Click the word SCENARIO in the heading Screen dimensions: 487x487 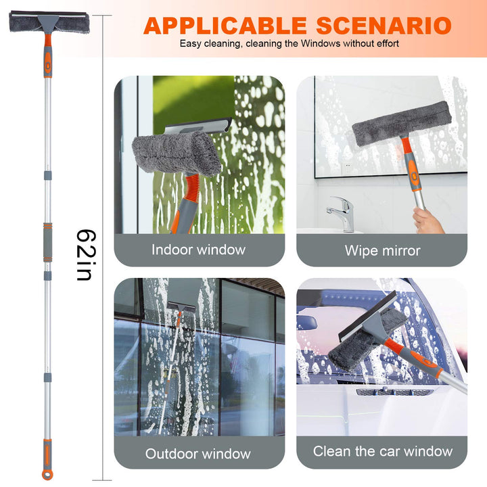[384, 26]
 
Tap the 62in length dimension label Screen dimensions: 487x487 [87, 255]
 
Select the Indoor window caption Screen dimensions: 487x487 [198, 250]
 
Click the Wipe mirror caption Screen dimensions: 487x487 [382, 250]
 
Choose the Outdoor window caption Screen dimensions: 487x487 [198, 453]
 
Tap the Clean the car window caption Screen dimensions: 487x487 [382, 451]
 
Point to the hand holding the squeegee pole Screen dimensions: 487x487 [427, 220]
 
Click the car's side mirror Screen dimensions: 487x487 [306, 323]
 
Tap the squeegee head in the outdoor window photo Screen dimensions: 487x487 [181, 307]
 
